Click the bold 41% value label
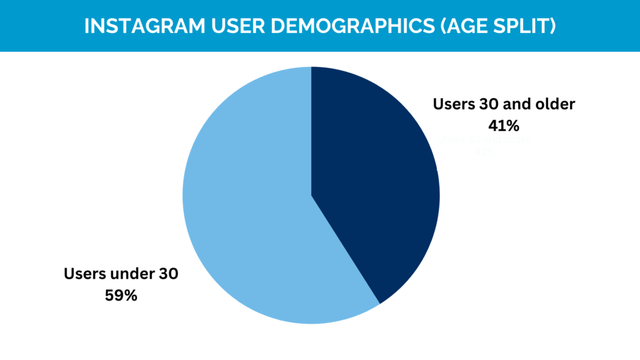pyautogui.click(x=504, y=126)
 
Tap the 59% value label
pyautogui.click(x=121, y=295)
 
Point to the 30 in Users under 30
pyautogui.click(x=168, y=274)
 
